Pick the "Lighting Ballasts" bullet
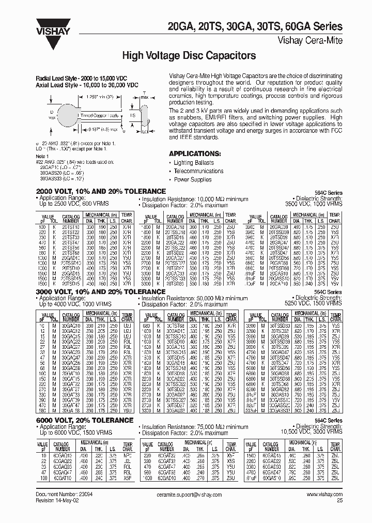coord(194,162)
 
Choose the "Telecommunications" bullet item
coord(198,171)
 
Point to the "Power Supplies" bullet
coord(193,180)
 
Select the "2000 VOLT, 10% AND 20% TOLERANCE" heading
coord(100,191)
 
